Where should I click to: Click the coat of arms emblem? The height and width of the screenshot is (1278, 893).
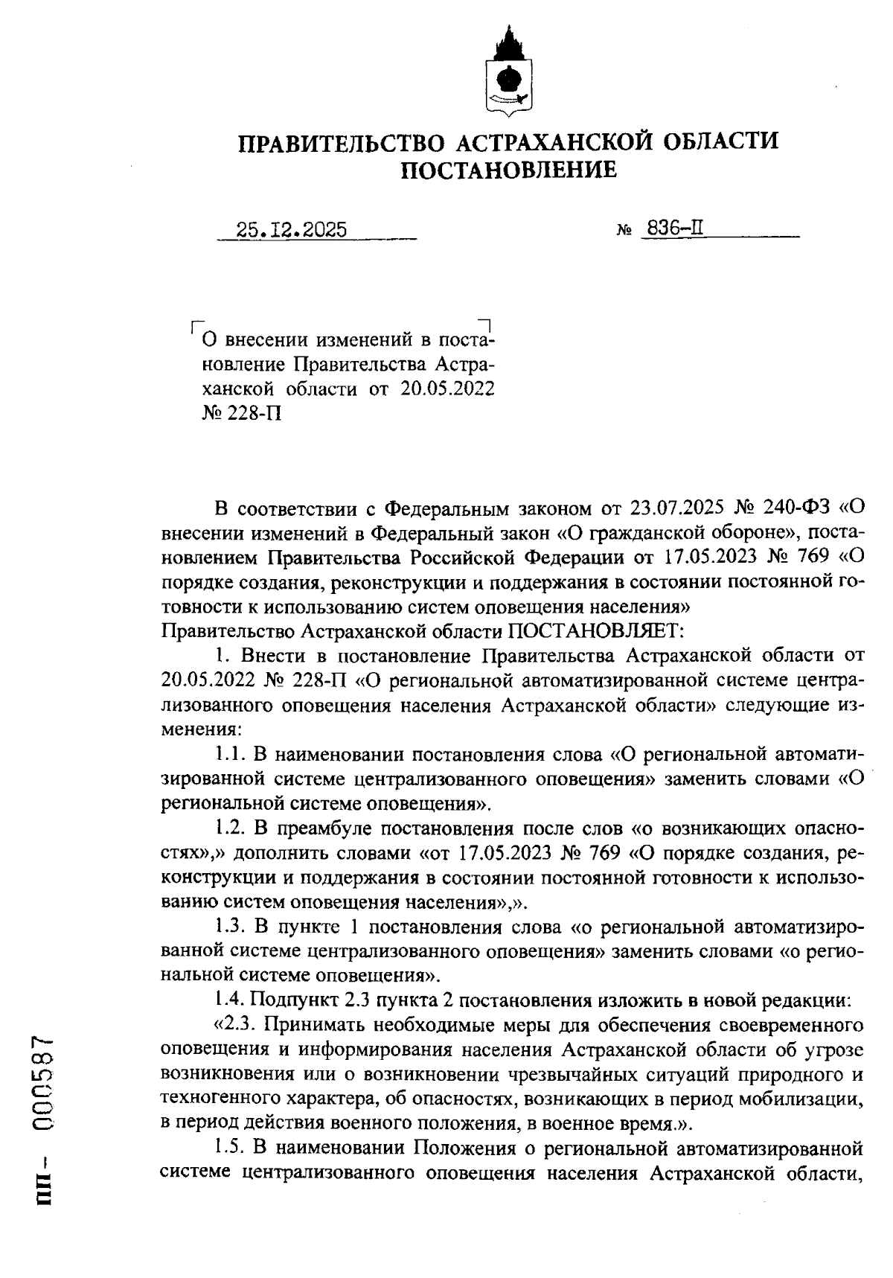tap(508, 75)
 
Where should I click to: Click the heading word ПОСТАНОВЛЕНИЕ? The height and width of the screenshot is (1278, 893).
tap(509, 170)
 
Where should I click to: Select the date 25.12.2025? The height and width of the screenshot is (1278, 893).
tap(292, 230)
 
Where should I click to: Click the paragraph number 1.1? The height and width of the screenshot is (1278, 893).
tap(231, 754)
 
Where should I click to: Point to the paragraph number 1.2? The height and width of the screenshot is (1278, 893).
tap(231, 828)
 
